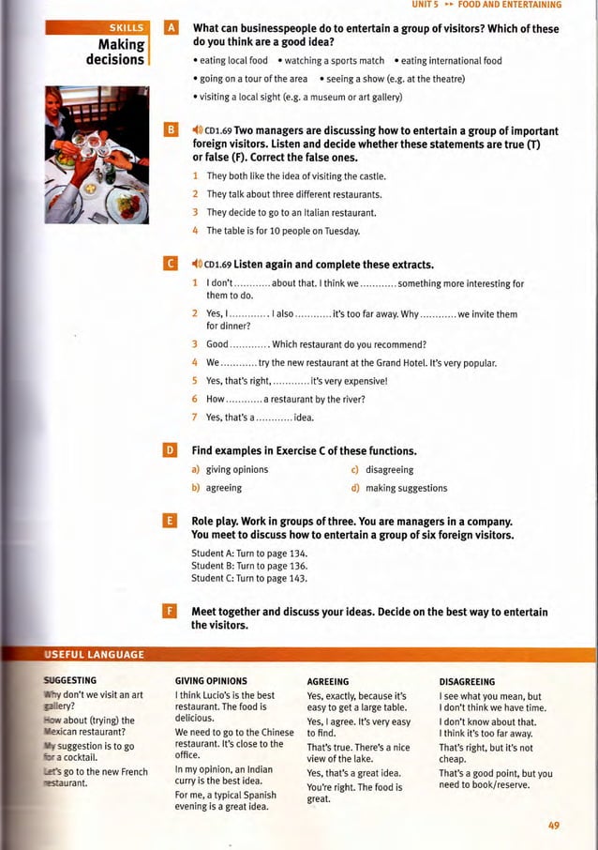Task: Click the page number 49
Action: tap(554, 825)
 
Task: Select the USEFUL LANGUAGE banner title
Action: tap(94, 654)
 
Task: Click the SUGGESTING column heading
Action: tap(70, 679)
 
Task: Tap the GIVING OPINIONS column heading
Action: tap(212, 681)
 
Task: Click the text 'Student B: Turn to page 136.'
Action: tap(249, 566)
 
